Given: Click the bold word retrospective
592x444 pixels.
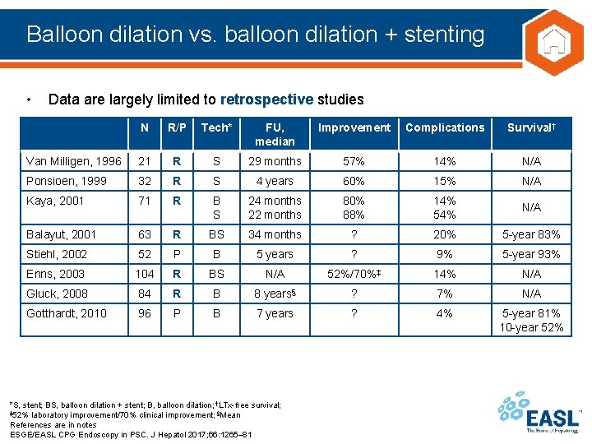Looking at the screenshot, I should pos(267,99).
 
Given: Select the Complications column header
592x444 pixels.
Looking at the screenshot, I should pos(445,127).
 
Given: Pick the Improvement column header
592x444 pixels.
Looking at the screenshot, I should pos(354,127).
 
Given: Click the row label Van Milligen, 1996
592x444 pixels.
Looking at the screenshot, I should pos(73,161).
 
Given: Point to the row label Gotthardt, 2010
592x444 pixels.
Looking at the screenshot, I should pos(67,313).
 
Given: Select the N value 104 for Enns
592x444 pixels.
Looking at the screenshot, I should pos(145,274).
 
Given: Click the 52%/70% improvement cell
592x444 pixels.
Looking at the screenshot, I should pos(354,274).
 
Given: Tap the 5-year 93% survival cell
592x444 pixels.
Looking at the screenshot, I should pos(532,254).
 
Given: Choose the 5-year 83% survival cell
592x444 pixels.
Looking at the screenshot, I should pos(532,234).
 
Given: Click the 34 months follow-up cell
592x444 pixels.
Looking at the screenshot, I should pos(275,234).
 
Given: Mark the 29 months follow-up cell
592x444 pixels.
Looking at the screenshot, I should pos(275,161).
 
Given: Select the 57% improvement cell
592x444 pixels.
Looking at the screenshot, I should pos(354,161).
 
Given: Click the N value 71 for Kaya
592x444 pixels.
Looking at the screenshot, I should pos(145,201).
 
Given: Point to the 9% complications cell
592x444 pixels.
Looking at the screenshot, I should pos(445,254).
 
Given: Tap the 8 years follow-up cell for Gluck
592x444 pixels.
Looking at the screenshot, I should pos(275,294).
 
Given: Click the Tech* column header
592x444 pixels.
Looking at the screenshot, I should pos(216,127).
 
